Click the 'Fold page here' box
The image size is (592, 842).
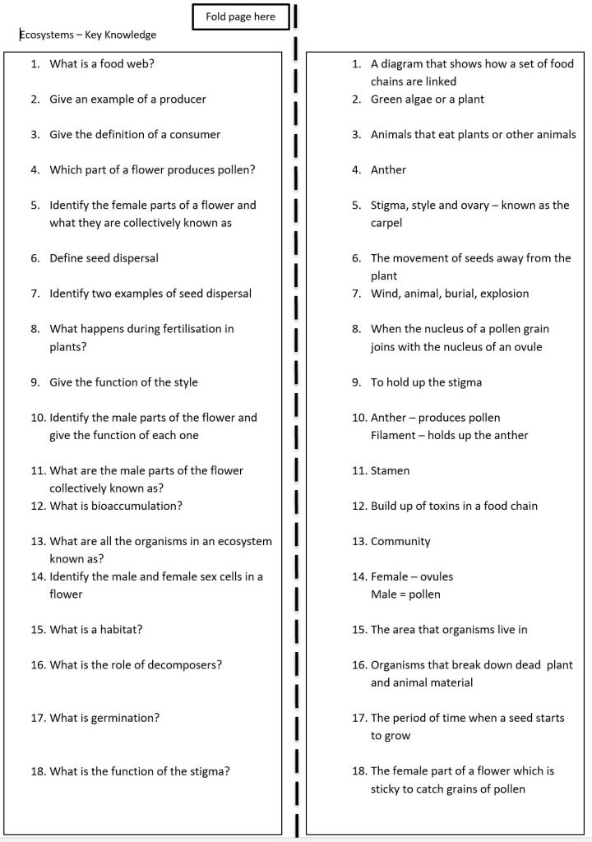[240, 16]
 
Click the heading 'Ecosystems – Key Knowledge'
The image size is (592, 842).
[88, 35]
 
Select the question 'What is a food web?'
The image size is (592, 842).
[102, 63]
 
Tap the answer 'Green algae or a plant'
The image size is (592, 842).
[428, 99]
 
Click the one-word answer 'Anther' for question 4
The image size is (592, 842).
[388, 169]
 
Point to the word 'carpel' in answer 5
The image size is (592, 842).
[386, 223]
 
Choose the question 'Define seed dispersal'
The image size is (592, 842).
[104, 258]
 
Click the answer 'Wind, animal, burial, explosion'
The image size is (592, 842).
[450, 294]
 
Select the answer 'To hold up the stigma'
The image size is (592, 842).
[426, 382]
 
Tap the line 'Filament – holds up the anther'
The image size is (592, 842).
[449, 435]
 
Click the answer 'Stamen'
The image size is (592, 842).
[390, 470]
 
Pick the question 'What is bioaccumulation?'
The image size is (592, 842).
[116, 506]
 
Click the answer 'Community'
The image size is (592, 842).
[400, 541]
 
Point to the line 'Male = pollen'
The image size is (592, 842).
[405, 594]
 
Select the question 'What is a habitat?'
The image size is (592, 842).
[102, 630]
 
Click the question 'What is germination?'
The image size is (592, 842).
[104, 718]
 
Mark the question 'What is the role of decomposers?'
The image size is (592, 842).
[136, 665]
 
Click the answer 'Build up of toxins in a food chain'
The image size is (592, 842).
[454, 506]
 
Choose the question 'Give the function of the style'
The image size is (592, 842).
[123, 382]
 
